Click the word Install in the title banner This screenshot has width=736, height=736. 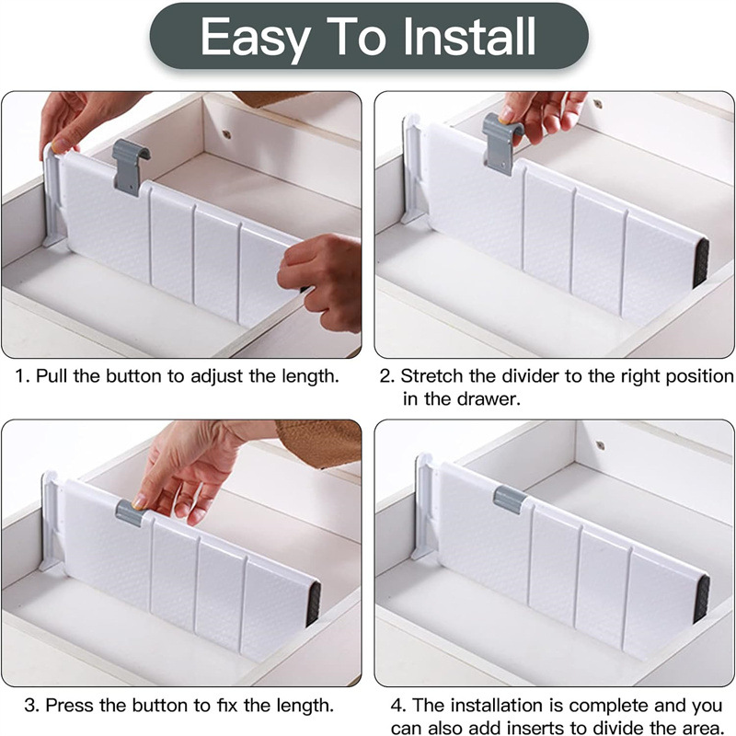469,36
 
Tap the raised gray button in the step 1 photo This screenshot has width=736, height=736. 130,167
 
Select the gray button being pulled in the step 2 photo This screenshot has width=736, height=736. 501,143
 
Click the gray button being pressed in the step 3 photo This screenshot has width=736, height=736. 130,513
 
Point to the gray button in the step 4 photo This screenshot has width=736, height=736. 511,500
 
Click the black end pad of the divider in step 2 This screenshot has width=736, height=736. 700,262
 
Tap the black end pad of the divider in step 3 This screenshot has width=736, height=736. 313,604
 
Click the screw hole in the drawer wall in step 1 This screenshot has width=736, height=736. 227,134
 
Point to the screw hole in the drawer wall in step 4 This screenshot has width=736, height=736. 600,444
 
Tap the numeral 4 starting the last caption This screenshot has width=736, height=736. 397,706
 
